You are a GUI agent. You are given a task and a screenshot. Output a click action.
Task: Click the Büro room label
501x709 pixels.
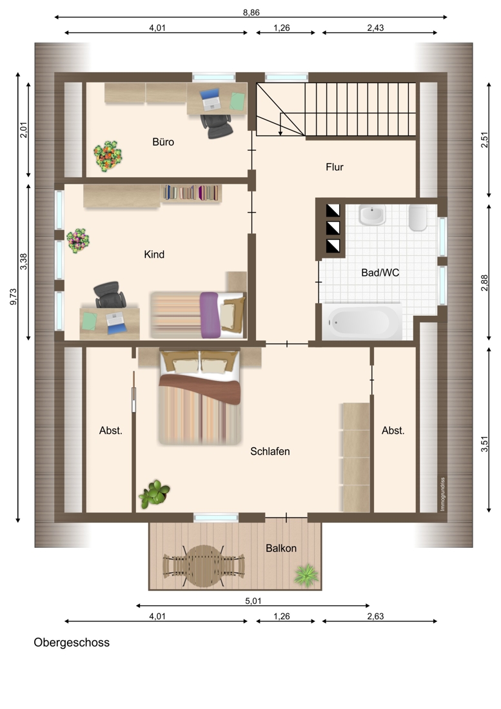click(163, 142)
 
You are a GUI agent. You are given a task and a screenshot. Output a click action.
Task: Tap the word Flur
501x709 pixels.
click(335, 167)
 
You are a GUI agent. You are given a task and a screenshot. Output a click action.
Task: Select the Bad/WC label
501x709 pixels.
click(380, 273)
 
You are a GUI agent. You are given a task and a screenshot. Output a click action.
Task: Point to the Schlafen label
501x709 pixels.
click(270, 451)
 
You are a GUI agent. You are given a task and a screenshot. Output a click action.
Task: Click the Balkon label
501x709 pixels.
click(281, 548)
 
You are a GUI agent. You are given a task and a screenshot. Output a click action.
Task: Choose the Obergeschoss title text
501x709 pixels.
click(72, 643)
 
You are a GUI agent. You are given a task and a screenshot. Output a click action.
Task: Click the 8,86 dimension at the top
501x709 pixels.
click(251, 12)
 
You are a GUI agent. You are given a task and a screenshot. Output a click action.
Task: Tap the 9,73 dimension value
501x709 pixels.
click(14, 296)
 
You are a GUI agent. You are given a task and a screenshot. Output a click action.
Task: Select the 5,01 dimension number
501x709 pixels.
click(253, 601)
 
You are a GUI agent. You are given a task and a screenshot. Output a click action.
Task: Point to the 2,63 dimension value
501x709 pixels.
click(375, 616)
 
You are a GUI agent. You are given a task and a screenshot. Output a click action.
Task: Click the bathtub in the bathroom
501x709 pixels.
click(362, 322)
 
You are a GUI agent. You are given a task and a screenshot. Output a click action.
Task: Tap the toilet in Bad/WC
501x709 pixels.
click(418, 218)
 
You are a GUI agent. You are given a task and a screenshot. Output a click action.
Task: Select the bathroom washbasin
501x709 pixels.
click(372, 215)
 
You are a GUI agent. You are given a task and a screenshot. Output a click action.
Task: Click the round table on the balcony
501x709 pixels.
click(204, 566)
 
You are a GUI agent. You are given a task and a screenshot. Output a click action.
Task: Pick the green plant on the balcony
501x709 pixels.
click(306, 575)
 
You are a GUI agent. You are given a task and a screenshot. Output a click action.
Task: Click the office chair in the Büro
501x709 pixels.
click(217, 126)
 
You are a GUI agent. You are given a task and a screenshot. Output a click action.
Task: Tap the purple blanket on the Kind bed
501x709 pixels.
click(210, 315)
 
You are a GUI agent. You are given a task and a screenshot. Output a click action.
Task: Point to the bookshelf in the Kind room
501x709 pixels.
click(191, 193)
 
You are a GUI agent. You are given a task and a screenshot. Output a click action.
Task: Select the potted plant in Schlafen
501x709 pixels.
click(153, 494)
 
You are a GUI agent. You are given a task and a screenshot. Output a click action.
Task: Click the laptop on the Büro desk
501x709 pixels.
click(210, 99)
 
